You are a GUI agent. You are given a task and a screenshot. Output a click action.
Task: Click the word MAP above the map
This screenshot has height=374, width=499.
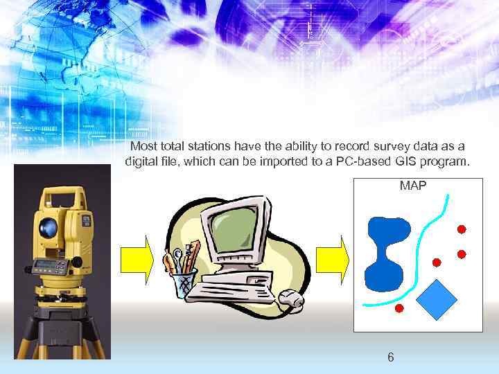click(412, 186)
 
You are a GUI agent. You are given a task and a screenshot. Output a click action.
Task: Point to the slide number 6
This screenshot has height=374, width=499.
click(391, 357)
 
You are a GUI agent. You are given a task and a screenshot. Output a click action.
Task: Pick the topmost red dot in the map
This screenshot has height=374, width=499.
click(462, 229)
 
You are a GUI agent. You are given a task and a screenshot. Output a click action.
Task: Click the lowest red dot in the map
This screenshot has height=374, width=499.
click(399, 308)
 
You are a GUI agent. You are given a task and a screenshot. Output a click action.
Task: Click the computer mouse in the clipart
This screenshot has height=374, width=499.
click(291, 299)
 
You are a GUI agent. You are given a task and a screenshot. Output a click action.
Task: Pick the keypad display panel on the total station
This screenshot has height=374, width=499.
click(52, 266)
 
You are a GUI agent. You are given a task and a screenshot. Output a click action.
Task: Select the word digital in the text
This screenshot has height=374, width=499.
click(141, 162)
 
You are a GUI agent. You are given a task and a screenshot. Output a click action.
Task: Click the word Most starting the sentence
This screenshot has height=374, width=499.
click(144, 146)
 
